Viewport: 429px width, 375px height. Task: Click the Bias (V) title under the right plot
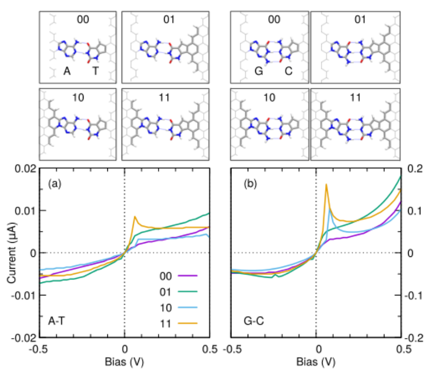coord(316,363)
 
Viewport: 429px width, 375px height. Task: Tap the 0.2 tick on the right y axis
coord(414,168)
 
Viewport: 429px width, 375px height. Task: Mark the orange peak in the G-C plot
coord(326,184)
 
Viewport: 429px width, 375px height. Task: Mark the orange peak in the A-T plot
coord(135,216)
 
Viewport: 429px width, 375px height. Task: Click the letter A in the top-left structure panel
coord(66,72)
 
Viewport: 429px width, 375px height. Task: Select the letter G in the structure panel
coord(258,72)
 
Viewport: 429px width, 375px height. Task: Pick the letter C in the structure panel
coord(288,72)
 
